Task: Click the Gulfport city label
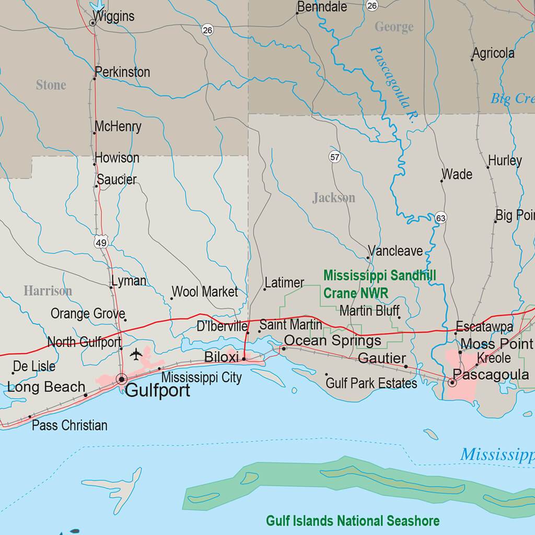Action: click(158, 391)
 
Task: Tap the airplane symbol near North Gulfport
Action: click(136, 355)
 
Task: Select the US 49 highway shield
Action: click(101, 242)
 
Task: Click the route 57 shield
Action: click(335, 156)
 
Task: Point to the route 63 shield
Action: click(440, 218)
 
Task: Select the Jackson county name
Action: click(334, 197)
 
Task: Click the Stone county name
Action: click(51, 85)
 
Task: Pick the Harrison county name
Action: click(48, 291)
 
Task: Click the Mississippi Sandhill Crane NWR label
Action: click(379, 284)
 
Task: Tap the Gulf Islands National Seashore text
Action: click(353, 520)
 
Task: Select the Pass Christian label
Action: click(69, 425)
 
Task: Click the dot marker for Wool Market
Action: click(171, 299)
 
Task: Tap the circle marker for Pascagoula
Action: click(452, 383)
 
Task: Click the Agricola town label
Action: click(493, 53)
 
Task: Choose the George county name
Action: click(394, 27)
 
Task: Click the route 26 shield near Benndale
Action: click(371, 5)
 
